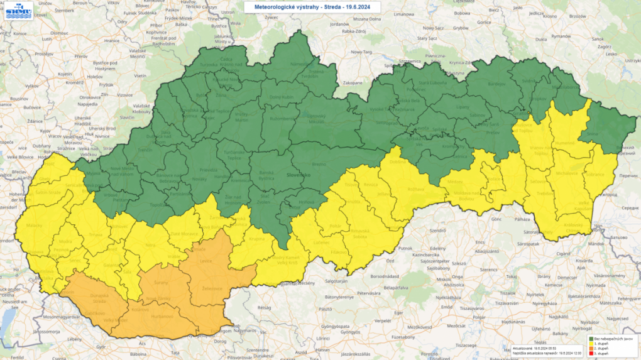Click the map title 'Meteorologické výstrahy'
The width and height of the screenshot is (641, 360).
tap(289, 6)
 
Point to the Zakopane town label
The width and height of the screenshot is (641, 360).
tap(353, 83)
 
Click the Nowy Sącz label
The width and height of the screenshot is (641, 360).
tap(434, 28)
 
